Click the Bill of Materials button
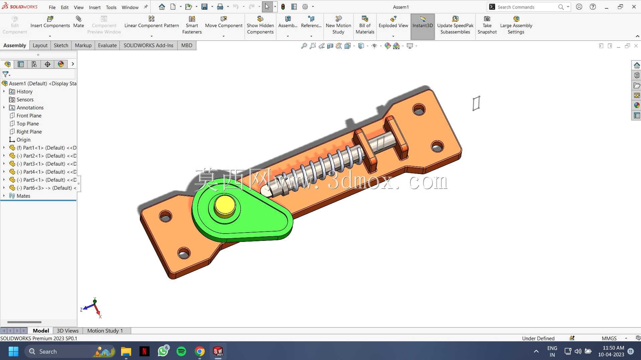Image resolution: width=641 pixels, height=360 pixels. point(365,25)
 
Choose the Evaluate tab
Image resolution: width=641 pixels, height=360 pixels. point(107,46)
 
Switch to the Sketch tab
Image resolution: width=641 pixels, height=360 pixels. point(61,46)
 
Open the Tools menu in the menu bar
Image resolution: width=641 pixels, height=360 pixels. point(111,7)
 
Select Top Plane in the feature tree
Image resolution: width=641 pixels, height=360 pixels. point(28,124)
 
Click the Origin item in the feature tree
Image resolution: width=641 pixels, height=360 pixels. point(23,140)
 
